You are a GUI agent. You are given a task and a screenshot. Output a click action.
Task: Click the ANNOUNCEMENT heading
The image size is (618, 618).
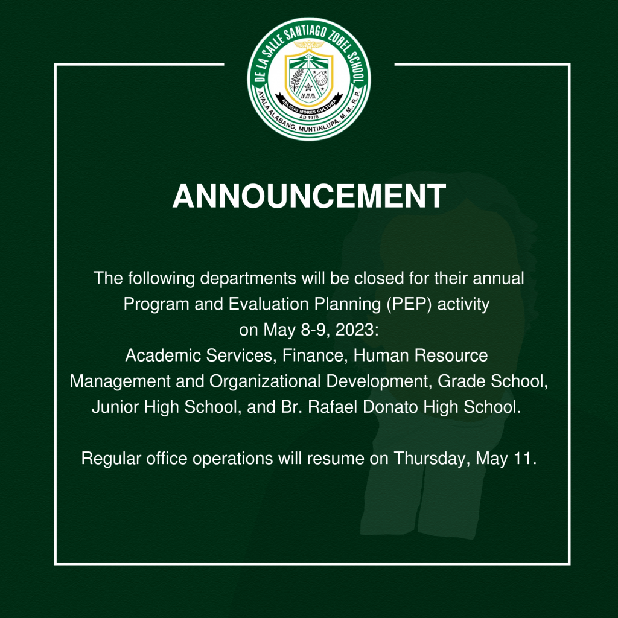(x=309, y=196)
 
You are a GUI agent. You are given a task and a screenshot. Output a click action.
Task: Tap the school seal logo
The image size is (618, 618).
(x=309, y=79)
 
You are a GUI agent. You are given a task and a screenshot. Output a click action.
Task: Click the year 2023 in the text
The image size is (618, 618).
(x=354, y=330)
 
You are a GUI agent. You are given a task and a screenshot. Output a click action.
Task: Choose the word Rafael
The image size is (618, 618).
(x=333, y=407)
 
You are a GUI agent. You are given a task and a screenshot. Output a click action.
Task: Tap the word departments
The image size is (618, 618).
(x=248, y=279)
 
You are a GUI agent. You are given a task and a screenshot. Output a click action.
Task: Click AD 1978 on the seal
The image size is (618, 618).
(x=309, y=117)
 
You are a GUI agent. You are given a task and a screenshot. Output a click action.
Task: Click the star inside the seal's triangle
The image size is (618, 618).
(x=308, y=87)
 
